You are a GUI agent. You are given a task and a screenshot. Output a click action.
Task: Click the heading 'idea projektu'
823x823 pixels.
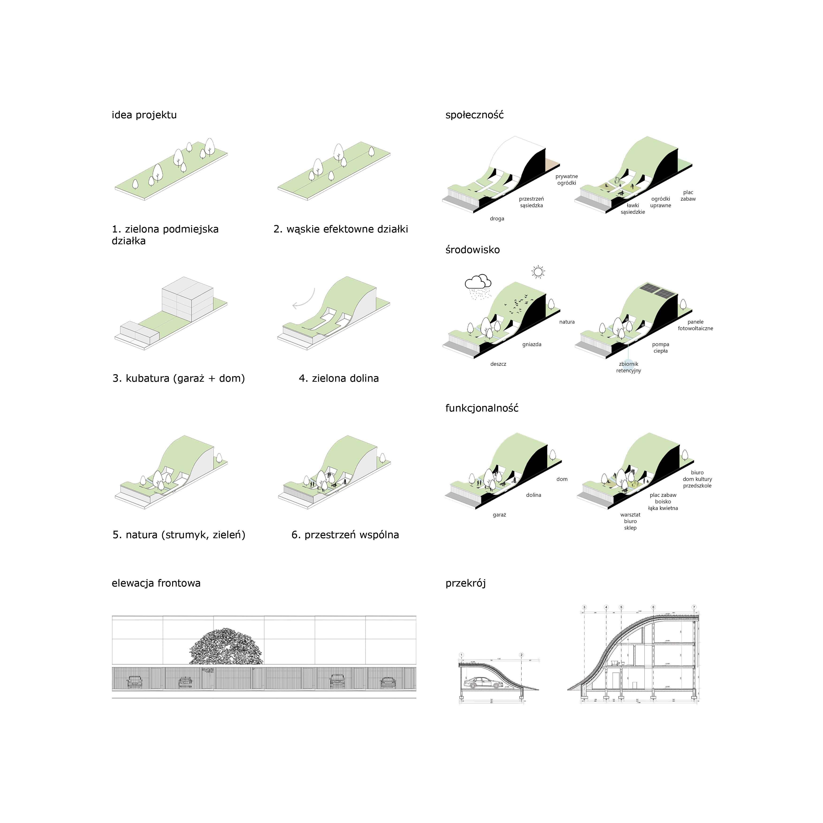[144, 115]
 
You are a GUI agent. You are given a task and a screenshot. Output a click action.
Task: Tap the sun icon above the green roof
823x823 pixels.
[538, 272]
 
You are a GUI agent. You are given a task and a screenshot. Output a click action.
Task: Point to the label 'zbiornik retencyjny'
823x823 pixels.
[628, 367]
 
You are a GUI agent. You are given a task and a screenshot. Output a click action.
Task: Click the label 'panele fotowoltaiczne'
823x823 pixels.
[695, 325]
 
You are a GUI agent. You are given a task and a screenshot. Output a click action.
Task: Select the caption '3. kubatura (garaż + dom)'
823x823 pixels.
[179, 378]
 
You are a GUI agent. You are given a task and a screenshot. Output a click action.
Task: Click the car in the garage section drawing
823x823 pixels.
[483, 683]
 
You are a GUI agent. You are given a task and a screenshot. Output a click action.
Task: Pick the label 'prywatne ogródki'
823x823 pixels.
[567, 179]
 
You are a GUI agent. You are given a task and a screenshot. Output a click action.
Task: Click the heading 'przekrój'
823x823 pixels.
[466, 583]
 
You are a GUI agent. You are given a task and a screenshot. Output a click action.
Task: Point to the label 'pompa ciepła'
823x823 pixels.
[660, 348]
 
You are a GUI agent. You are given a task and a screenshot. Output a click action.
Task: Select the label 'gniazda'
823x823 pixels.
[532, 344]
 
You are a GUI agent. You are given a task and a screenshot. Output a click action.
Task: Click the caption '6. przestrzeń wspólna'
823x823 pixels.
[345, 535]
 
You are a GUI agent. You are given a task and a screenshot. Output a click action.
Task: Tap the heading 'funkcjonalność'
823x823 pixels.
[482, 408]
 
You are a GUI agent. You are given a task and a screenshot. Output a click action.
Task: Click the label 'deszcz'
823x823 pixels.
[498, 364]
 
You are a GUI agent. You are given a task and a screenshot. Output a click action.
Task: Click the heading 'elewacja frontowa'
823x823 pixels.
[156, 583]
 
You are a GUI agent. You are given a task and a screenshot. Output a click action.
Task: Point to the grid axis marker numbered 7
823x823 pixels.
[694, 607]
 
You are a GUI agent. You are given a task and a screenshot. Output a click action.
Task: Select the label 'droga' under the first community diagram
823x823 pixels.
[497, 218]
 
